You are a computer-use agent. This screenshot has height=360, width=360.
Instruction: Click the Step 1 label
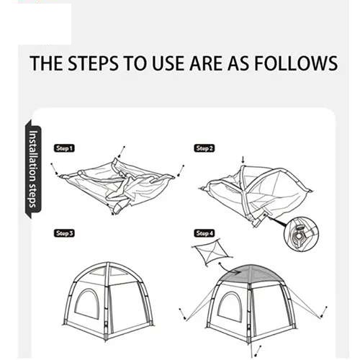tap(64, 148)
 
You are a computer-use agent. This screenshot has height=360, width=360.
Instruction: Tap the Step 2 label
tap(204, 148)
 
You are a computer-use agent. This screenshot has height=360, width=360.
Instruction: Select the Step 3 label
tap(64, 233)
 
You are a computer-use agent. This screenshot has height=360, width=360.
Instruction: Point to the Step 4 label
tap(204, 233)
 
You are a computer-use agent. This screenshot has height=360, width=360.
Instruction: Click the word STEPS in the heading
tap(93, 63)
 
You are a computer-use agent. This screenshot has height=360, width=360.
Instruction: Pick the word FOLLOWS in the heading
tap(296, 63)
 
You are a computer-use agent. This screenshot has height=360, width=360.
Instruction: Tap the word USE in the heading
tap(169, 63)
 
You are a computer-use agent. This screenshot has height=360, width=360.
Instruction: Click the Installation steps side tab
tap(33, 169)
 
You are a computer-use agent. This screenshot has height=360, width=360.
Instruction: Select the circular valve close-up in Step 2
tap(301, 234)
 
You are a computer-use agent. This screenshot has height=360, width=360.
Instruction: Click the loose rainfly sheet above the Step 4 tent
tap(211, 252)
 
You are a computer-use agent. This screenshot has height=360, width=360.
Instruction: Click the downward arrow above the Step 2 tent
tap(243, 160)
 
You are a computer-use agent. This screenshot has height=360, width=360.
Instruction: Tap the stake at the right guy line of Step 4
tap(323, 312)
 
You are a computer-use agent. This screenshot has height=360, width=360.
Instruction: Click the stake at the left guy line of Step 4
tap(182, 314)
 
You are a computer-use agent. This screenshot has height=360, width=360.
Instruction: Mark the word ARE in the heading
tap(206, 63)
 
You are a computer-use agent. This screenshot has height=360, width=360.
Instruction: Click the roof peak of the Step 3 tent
tap(108, 263)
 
